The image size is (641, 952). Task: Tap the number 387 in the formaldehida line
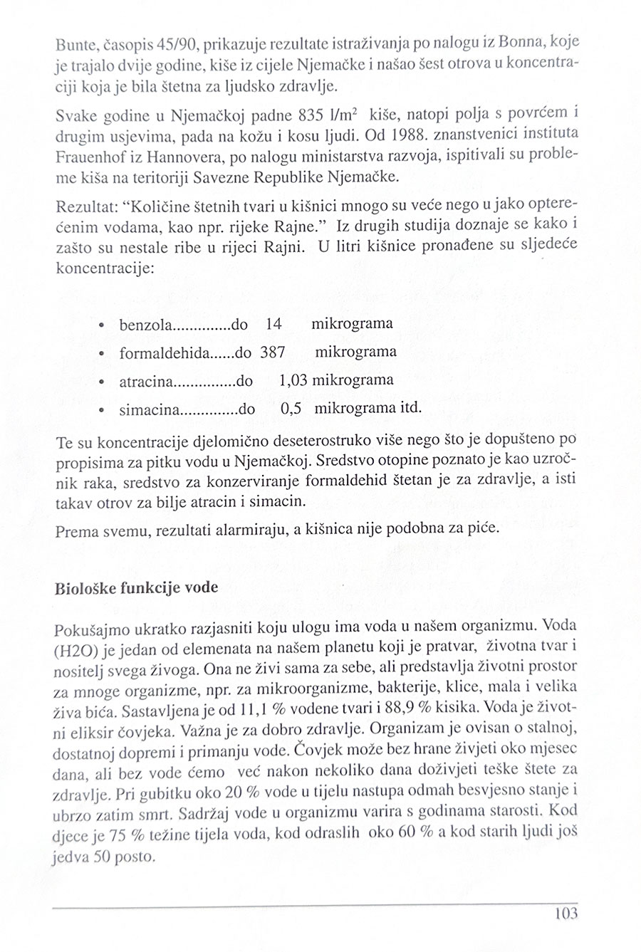[273, 352]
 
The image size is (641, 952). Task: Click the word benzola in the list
[145, 325]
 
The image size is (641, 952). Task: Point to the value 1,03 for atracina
[293, 380]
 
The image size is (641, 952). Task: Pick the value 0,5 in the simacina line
[292, 409]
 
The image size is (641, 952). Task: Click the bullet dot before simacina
[103, 410]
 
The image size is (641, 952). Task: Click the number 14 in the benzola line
[273, 324]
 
